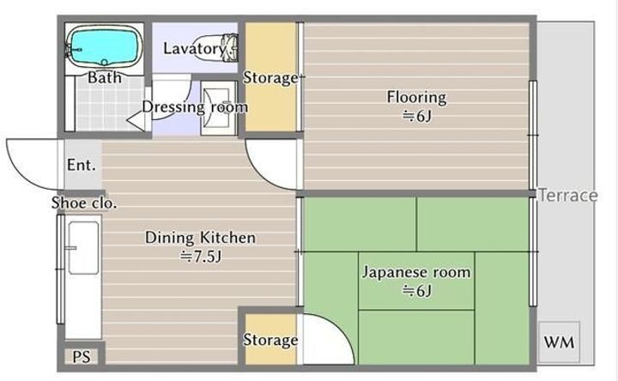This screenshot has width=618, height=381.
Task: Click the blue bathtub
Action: [x=104, y=46]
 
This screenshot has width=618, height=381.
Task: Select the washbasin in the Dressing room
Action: [x=218, y=108]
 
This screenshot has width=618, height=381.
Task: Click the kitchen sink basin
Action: [x=83, y=247]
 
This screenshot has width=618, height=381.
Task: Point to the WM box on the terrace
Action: [x=559, y=342]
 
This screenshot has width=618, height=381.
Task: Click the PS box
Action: [x=82, y=357]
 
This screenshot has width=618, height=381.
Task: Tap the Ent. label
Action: [x=82, y=165]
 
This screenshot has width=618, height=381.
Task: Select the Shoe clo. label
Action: [x=84, y=203]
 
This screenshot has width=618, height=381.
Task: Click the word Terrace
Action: [x=567, y=195]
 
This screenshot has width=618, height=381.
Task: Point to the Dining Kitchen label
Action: [x=200, y=238]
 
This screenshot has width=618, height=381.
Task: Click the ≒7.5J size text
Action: [x=201, y=257]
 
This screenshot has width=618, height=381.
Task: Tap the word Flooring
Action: [x=416, y=97]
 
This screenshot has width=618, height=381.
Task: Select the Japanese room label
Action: [x=416, y=272]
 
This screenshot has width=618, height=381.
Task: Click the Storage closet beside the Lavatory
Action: [x=270, y=77]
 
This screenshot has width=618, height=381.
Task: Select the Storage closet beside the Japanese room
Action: [x=270, y=339]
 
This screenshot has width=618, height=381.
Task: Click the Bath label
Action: [x=105, y=77]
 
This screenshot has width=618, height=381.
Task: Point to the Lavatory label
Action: [x=194, y=48]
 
